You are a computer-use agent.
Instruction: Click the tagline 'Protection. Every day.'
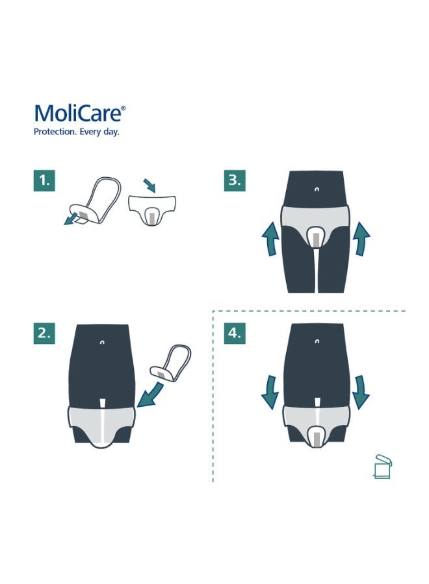76,132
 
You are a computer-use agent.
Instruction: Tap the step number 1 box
44,181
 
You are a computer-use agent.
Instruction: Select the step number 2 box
44,334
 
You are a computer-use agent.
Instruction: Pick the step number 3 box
235,181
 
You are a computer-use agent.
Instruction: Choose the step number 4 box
235,334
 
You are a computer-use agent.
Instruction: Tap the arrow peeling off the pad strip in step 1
68,220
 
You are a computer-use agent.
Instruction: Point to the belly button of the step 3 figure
316,189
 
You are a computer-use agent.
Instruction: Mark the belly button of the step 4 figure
316,341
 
